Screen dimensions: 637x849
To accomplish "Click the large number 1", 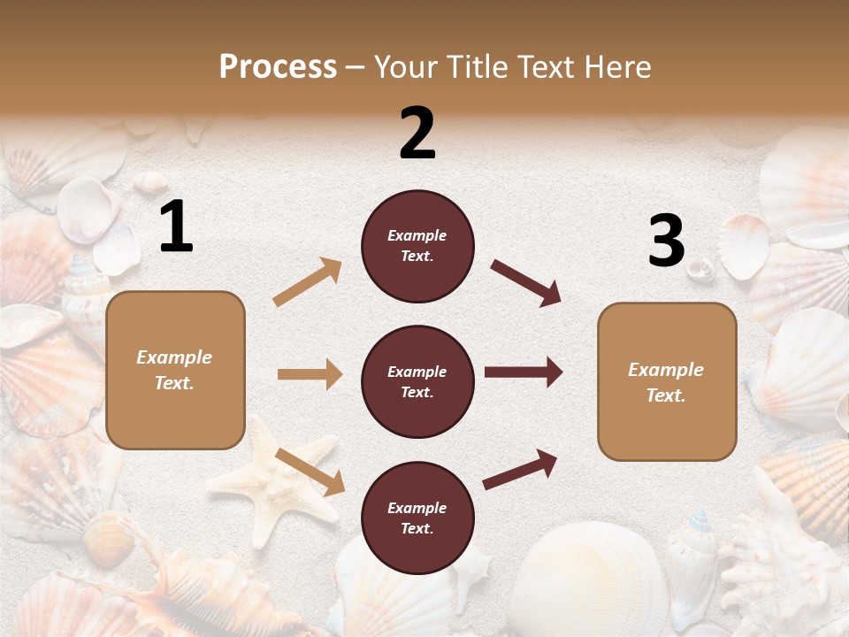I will (x=176, y=226).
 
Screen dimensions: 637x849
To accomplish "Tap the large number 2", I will (x=417, y=134).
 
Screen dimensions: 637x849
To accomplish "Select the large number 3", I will (x=666, y=242).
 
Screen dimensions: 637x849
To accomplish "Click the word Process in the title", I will (x=278, y=66).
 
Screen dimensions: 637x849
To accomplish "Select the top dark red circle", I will (x=417, y=246).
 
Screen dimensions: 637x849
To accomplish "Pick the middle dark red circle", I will (x=417, y=381).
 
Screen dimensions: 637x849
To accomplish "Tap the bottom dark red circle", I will (x=417, y=518).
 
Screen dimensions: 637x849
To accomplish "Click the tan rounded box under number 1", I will (x=175, y=370).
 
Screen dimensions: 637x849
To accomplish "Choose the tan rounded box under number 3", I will (x=667, y=381).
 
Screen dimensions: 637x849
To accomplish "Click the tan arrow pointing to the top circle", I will (x=308, y=282).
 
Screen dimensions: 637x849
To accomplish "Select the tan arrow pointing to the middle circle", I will (x=310, y=374).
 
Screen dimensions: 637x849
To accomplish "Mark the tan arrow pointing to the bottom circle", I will (x=310, y=472).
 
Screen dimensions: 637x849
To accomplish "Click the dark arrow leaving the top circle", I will (x=526, y=283).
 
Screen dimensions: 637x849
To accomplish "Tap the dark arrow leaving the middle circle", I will (x=524, y=372).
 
